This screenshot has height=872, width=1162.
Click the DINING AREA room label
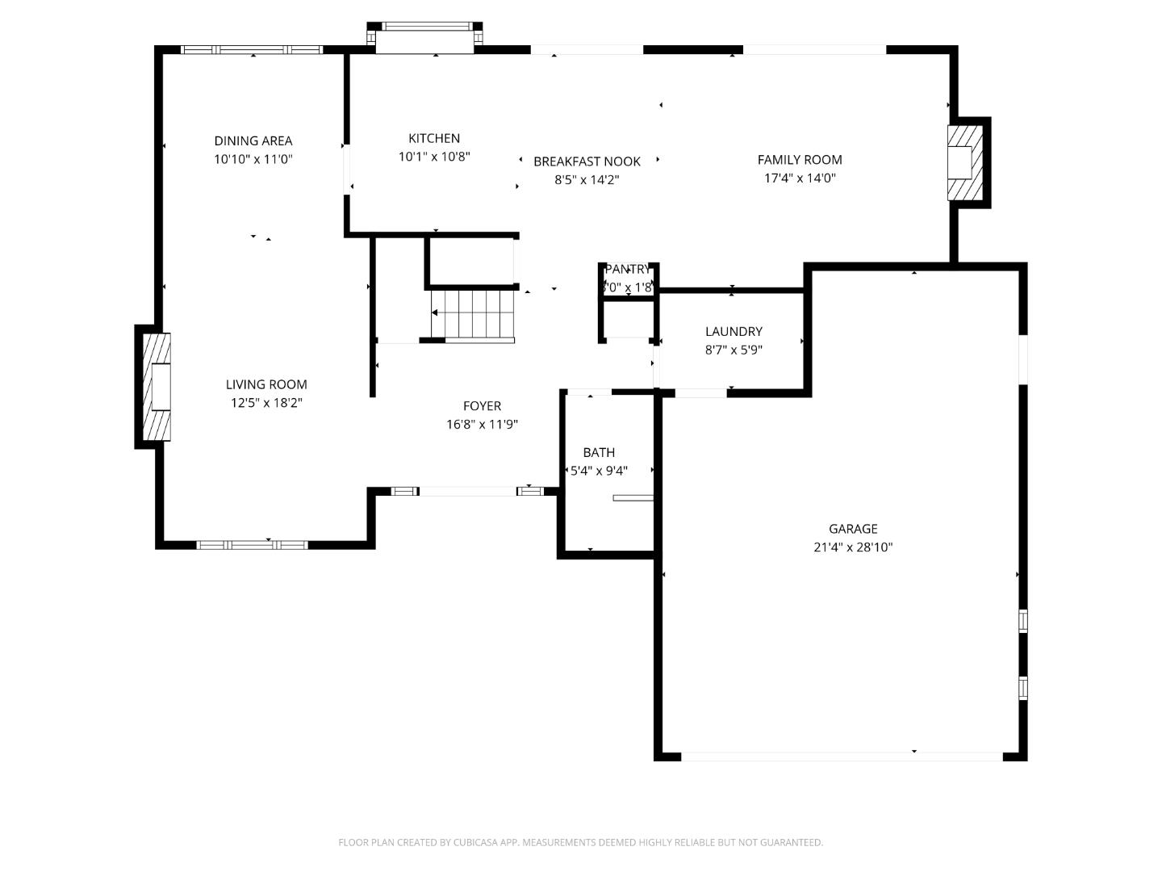click(253, 140)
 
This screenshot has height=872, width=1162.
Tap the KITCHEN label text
click(434, 138)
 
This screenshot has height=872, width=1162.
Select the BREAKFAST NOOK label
click(587, 161)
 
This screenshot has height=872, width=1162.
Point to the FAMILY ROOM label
click(800, 160)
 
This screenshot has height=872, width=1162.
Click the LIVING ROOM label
click(266, 384)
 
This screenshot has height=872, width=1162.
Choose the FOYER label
click(482, 406)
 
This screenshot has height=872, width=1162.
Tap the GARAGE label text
click(853, 529)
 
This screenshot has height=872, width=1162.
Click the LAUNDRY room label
click(734, 331)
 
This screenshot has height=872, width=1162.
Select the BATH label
click(599, 452)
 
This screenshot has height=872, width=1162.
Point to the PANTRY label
click(627, 269)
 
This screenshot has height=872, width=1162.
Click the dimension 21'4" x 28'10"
click(853, 547)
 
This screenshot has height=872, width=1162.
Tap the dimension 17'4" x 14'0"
click(800, 178)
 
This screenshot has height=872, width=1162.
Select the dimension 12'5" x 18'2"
click(266, 403)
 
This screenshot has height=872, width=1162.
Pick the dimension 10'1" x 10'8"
click(434, 157)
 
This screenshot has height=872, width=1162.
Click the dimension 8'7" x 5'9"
click(734, 350)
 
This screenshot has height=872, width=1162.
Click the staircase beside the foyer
click(473, 314)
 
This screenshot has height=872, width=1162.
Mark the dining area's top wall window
click(252, 50)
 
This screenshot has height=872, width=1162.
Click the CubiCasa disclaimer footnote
click(580, 842)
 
